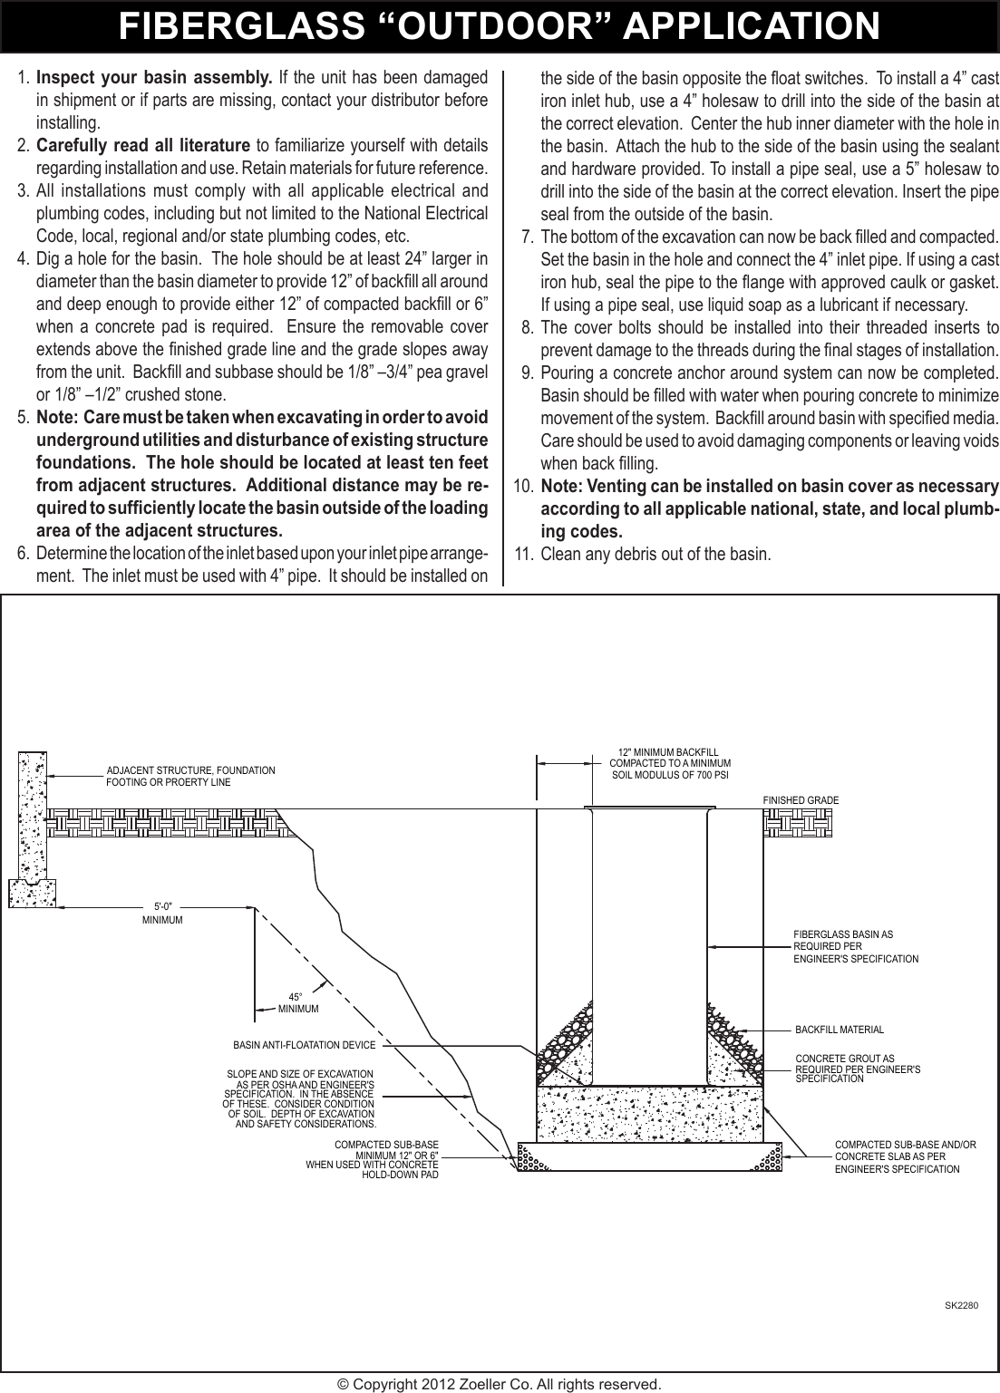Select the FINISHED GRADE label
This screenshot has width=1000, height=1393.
point(801,800)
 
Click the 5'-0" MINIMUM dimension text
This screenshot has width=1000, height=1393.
point(162,913)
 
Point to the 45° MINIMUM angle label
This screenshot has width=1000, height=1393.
point(297,1002)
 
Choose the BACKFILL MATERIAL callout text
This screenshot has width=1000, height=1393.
point(839,1030)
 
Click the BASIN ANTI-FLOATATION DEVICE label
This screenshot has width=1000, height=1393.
point(304,1045)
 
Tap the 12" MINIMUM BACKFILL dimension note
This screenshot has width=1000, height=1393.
point(669,764)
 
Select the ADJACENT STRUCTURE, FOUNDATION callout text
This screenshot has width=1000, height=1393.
point(190,776)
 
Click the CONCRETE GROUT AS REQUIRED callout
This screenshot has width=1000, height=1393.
point(857,1069)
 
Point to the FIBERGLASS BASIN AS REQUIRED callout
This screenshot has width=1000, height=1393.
point(855,946)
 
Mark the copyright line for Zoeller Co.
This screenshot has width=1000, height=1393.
point(499,1384)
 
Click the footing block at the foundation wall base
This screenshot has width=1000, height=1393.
point(32,893)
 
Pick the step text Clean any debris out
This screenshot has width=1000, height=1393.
point(655,554)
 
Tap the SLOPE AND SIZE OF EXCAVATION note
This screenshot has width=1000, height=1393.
point(299,1099)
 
